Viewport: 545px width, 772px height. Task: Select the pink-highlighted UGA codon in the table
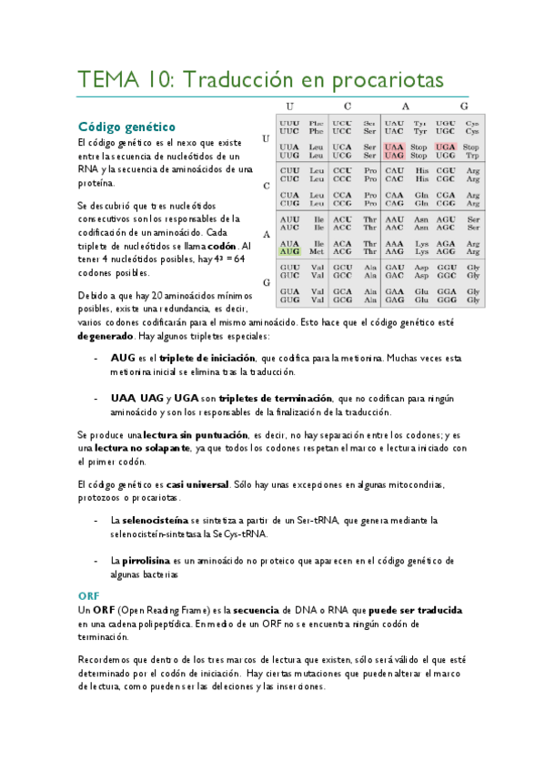446,147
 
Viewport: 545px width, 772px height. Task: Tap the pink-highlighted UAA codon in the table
394,147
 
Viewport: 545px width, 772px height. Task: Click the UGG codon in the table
446,156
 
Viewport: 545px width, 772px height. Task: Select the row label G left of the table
267,282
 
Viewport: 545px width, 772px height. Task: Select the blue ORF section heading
88,594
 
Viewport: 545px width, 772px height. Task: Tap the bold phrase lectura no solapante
138,448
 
